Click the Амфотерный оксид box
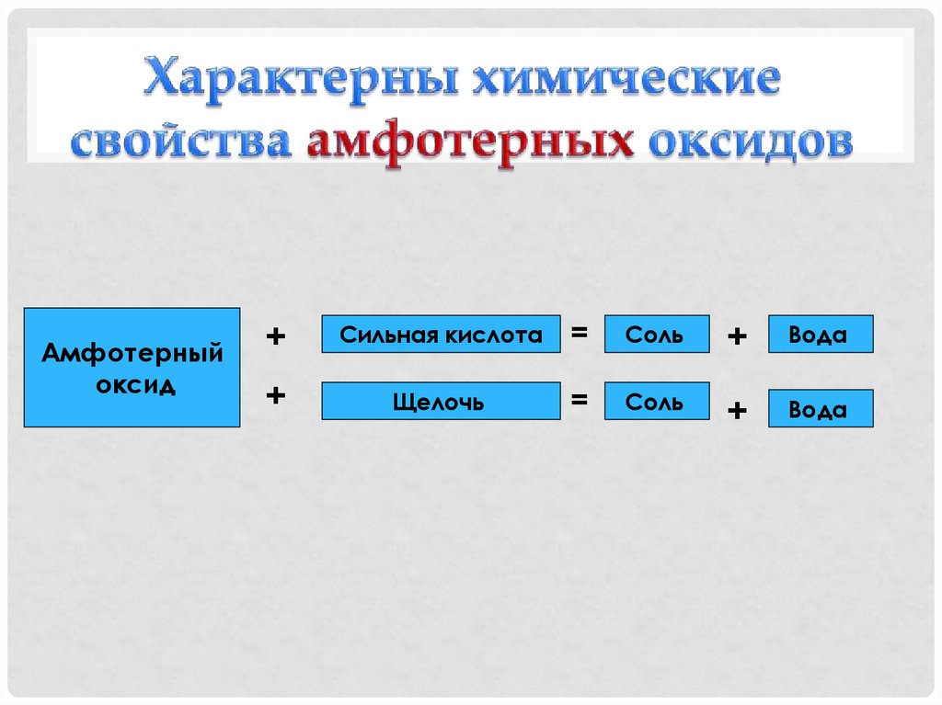(132, 368)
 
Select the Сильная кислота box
(441, 335)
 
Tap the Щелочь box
(441, 402)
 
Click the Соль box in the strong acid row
(656, 335)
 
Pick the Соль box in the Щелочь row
(656, 402)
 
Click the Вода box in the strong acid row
(820, 335)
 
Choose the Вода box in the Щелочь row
(820, 409)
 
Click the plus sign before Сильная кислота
(275, 336)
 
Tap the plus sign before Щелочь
(275, 395)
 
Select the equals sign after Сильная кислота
(580, 334)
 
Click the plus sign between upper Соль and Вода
(737, 337)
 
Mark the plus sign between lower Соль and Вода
(737, 411)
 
